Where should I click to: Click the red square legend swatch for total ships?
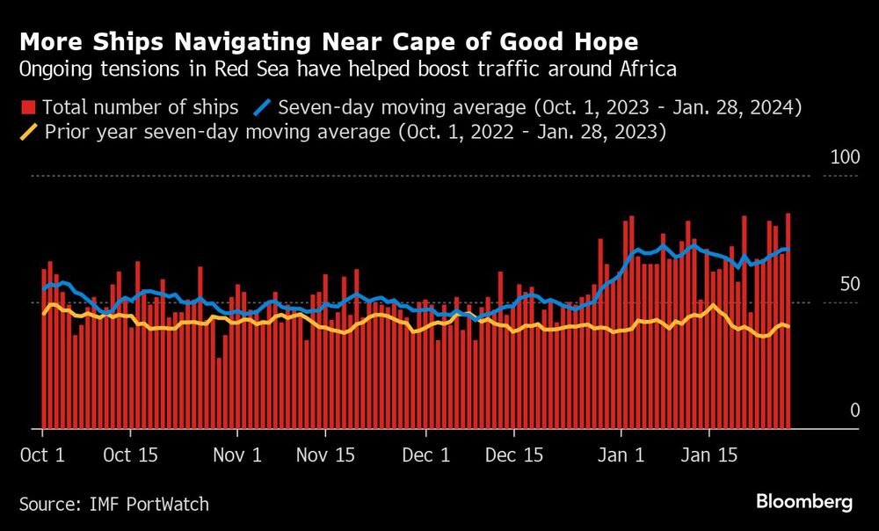pyautogui.click(x=26, y=108)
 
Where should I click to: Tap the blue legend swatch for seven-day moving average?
pyautogui.click(x=262, y=108)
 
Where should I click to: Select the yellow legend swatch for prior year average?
pyautogui.click(x=26, y=134)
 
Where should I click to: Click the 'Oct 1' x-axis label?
pyautogui.click(x=42, y=456)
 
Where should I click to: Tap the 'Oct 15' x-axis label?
pyautogui.click(x=129, y=456)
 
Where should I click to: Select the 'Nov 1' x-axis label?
pyautogui.click(x=237, y=456)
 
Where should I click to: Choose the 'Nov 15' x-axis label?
pyautogui.click(x=325, y=456)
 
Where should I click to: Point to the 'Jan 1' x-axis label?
pyautogui.click(x=621, y=456)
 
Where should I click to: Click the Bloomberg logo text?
pyautogui.click(x=803, y=502)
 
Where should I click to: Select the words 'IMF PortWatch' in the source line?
pyautogui.click(x=149, y=504)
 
